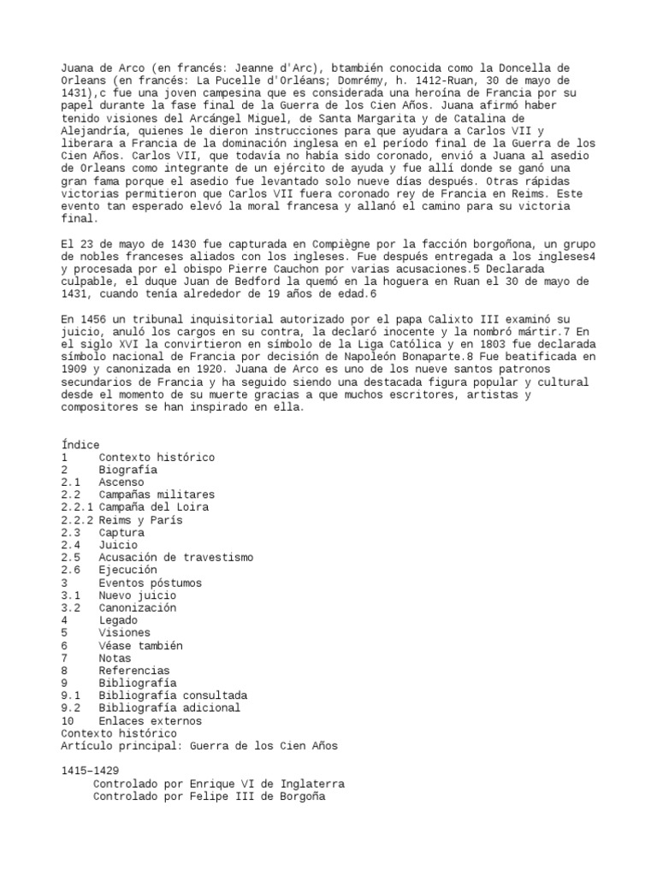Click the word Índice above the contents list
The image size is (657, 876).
pyautogui.click(x=80, y=445)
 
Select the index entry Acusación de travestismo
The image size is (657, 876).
pyautogui.click(x=175, y=557)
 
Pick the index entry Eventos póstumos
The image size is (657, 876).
pyautogui.click(x=151, y=583)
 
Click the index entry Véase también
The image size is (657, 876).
pyautogui.click(x=141, y=646)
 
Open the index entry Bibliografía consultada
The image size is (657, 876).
pyautogui.click(x=173, y=695)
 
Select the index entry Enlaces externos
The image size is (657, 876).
pyautogui.click(x=151, y=720)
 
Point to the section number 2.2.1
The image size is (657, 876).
pyautogui.click(x=77, y=507)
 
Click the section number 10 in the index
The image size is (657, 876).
pyautogui.click(x=68, y=720)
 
